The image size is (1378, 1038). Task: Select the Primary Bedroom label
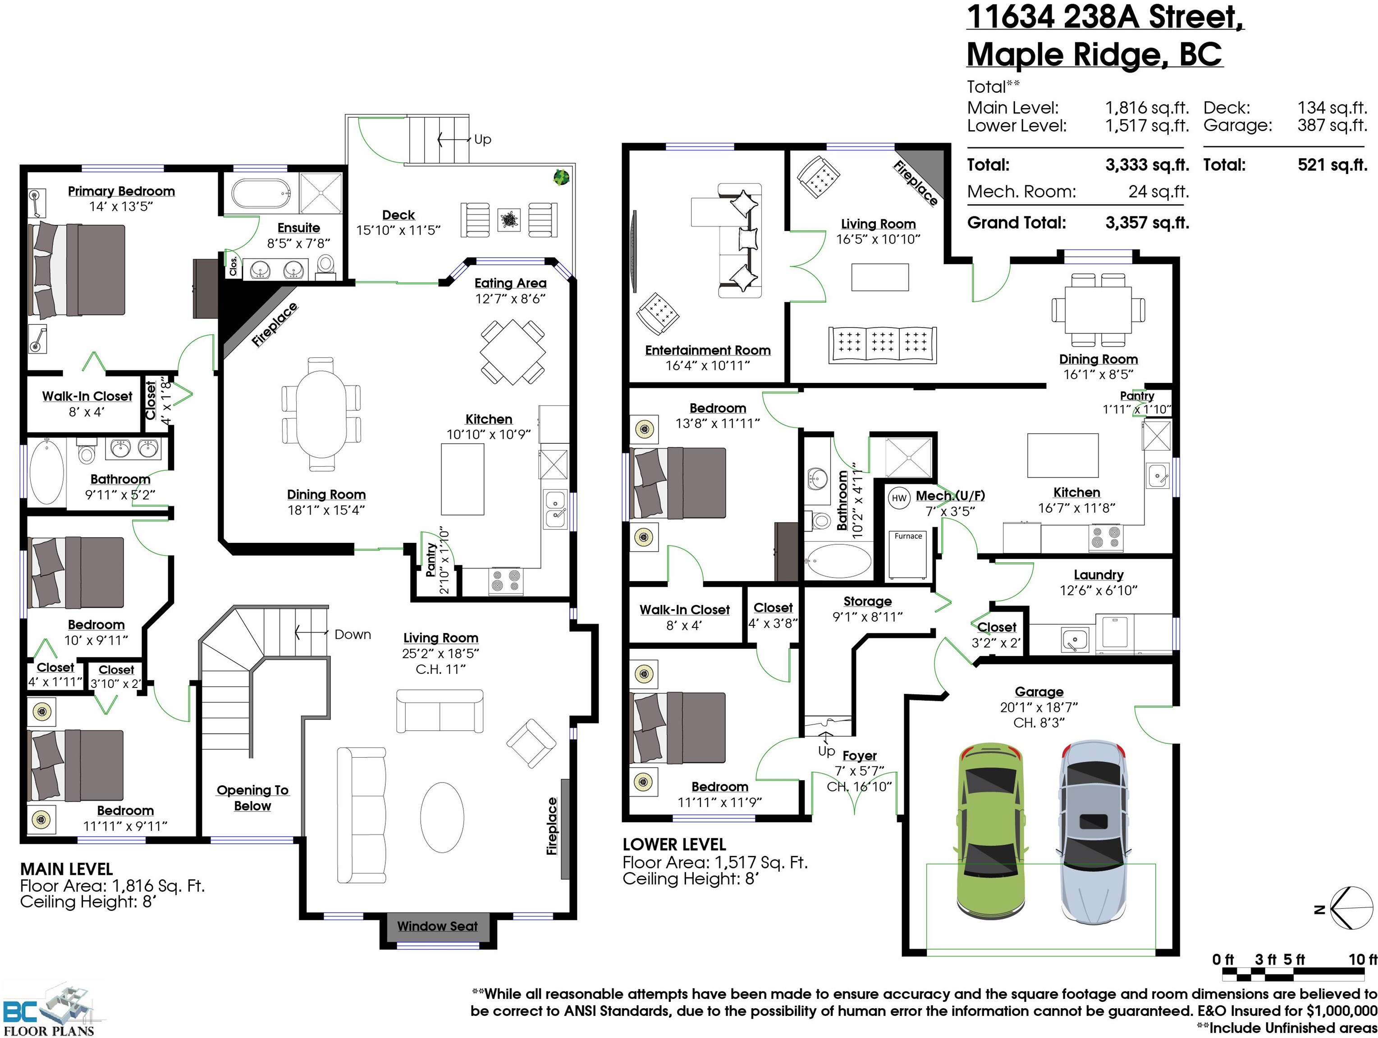point(121,191)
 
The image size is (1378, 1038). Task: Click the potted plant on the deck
point(561,177)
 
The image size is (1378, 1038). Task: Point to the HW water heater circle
point(899,497)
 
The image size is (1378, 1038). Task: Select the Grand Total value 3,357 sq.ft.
point(1148,223)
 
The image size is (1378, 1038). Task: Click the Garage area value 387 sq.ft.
point(1332,125)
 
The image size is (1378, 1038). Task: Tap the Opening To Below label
point(252,798)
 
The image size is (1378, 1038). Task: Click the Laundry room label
point(1098,575)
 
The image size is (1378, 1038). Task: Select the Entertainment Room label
point(708,351)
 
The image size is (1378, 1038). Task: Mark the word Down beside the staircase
point(353,634)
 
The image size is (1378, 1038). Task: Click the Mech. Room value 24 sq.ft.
point(1159,192)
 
